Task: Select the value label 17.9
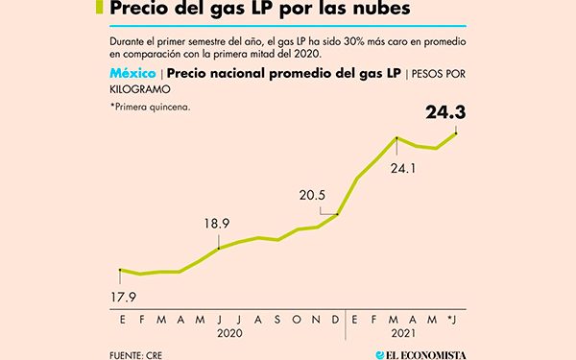point(119,297)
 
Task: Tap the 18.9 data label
point(218,226)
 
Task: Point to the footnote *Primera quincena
point(150,107)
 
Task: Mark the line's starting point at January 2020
point(119,270)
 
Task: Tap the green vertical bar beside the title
point(100,9)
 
